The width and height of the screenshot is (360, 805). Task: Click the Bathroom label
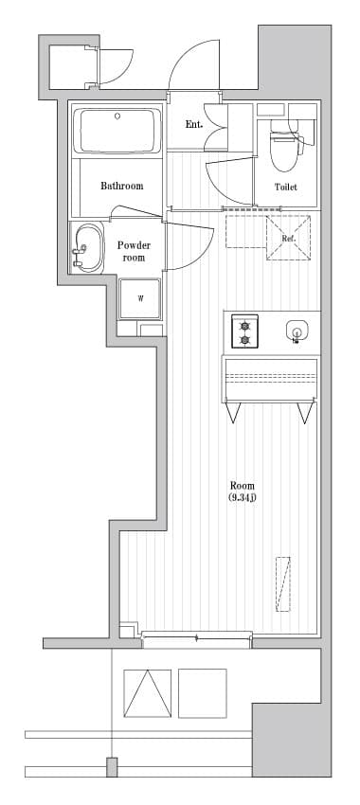122,186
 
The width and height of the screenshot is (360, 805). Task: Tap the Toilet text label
286,187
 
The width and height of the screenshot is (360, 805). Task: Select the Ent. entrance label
194,124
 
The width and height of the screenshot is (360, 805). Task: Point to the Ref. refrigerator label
289,238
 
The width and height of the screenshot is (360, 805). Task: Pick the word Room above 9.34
242,485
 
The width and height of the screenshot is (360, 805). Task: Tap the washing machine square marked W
140,298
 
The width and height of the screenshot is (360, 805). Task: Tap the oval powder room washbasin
88,248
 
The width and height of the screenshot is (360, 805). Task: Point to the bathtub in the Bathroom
119,131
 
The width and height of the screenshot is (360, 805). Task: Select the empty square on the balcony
203,694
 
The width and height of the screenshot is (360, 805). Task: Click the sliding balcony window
197,638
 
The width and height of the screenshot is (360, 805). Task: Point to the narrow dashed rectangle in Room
283,582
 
